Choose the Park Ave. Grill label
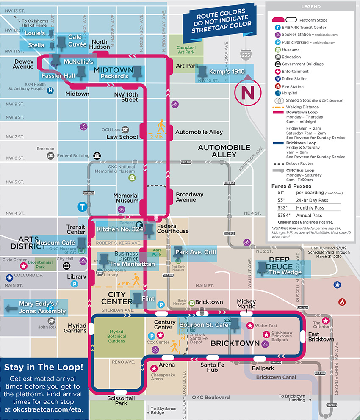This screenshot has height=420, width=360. click(x=195, y=252)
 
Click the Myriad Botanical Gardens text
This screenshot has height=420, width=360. click(x=116, y=337)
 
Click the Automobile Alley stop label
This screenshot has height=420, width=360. click(x=199, y=132)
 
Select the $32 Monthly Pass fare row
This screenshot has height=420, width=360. click(x=306, y=208)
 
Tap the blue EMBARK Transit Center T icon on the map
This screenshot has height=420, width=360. click(x=82, y=207)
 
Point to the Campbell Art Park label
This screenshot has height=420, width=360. click(x=186, y=50)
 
